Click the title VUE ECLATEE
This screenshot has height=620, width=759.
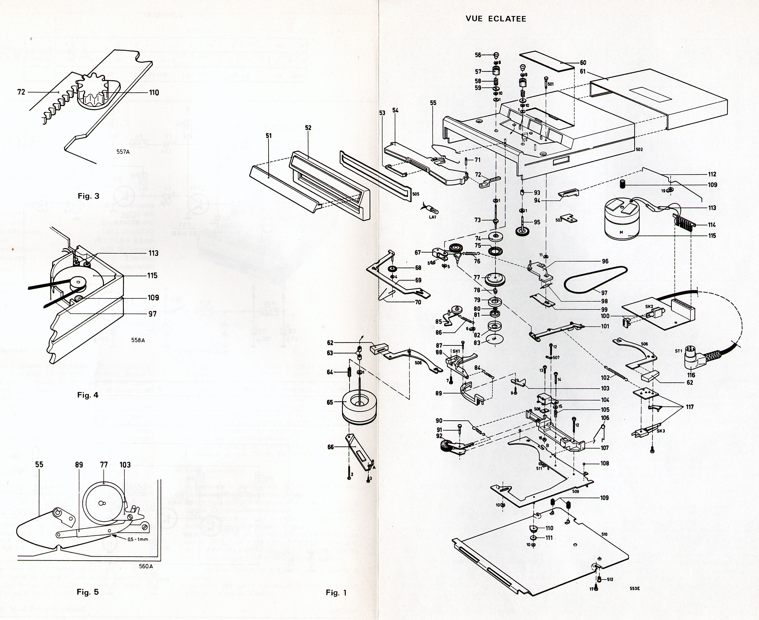(x=496, y=19)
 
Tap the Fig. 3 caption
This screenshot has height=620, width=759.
(x=88, y=196)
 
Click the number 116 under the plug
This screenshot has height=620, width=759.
(x=691, y=375)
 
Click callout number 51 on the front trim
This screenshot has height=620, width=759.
(x=269, y=136)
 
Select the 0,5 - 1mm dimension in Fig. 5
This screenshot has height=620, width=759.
(x=138, y=539)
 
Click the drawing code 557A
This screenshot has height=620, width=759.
(x=123, y=152)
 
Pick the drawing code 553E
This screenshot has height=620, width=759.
(x=635, y=588)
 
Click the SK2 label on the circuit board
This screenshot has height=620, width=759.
(x=649, y=307)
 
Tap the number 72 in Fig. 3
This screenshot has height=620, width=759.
(x=21, y=92)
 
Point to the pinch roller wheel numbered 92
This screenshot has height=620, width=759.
(x=445, y=448)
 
